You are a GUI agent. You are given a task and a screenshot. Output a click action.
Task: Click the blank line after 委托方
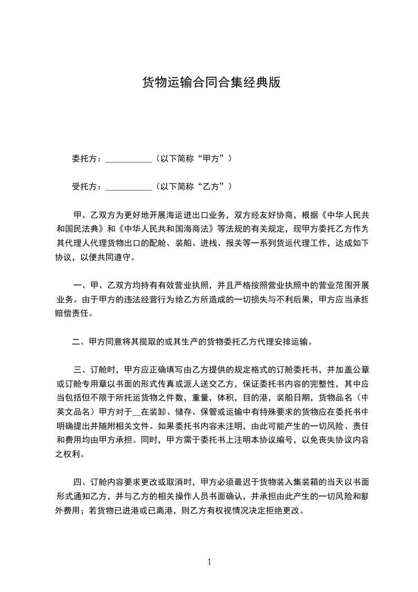(128, 158)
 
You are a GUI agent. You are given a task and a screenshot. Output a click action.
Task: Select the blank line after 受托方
(128, 187)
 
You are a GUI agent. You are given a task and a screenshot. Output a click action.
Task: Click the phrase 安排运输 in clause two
(287, 341)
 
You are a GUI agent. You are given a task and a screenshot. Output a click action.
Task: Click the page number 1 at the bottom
(209, 561)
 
